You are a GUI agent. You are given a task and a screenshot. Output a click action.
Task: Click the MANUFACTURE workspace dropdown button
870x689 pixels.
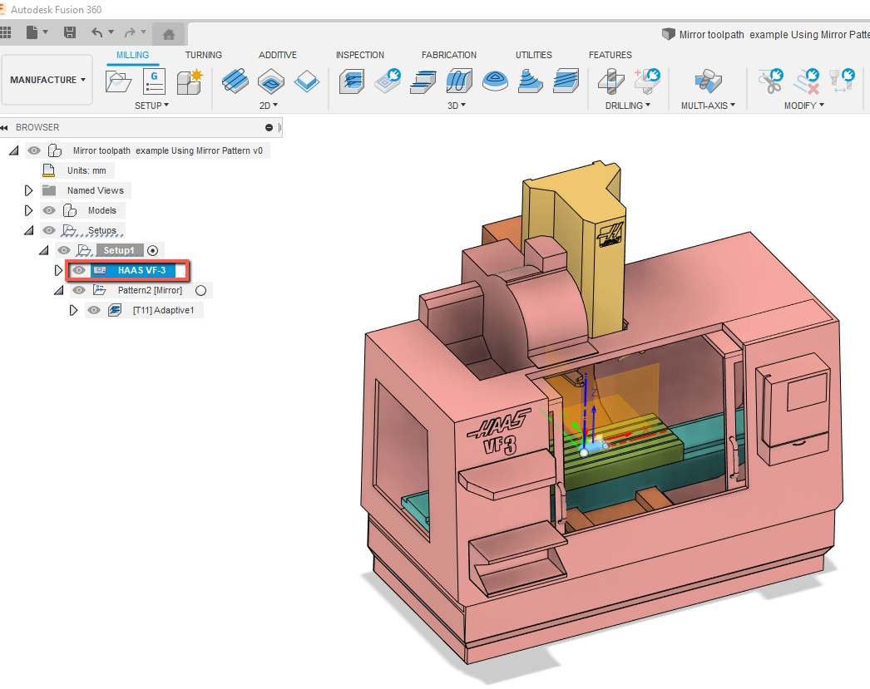click(x=47, y=80)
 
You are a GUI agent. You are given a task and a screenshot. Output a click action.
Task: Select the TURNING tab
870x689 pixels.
click(x=204, y=55)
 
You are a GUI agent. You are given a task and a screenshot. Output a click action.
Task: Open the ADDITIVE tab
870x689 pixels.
click(x=278, y=55)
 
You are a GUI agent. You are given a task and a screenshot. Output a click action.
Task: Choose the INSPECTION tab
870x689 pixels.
click(x=359, y=55)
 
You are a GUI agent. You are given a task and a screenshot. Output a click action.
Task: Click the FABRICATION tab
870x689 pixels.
click(x=449, y=55)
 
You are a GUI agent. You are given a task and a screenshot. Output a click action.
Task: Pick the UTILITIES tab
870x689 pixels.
click(x=534, y=55)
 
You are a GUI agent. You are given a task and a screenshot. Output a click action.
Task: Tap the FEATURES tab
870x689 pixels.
click(x=610, y=55)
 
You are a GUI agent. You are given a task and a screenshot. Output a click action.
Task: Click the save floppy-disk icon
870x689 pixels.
click(x=70, y=32)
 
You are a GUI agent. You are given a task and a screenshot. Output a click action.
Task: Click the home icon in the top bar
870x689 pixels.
click(x=169, y=34)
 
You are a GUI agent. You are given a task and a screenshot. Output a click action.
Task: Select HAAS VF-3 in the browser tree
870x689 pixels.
click(x=141, y=270)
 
